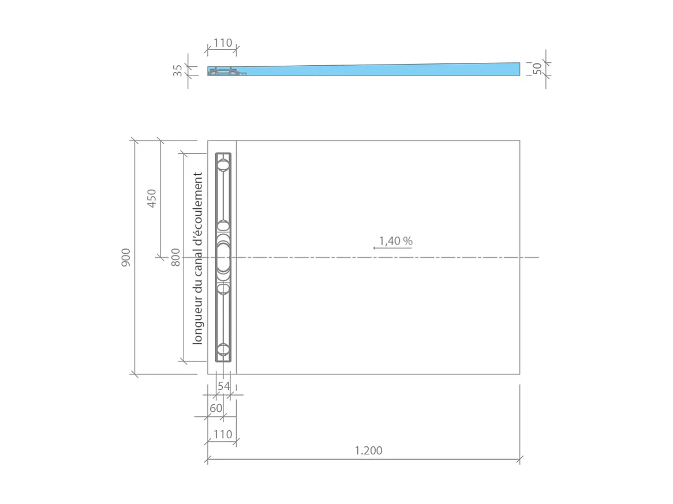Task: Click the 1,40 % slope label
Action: click(x=395, y=240)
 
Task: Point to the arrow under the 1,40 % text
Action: click(x=392, y=247)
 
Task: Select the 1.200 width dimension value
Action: click(x=368, y=450)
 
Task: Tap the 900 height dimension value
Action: click(x=126, y=257)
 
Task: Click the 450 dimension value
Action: click(x=152, y=198)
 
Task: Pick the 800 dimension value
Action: click(x=175, y=257)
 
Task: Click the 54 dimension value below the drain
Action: click(x=223, y=386)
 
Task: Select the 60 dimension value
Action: click(x=216, y=408)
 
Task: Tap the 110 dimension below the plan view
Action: click(x=222, y=434)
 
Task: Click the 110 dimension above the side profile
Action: click(x=222, y=43)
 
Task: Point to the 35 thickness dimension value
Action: click(x=178, y=70)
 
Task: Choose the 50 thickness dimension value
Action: click(x=537, y=69)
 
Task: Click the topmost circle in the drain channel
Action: click(x=223, y=165)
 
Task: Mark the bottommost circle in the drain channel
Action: click(x=223, y=349)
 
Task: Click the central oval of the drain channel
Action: click(x=223, y=257)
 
